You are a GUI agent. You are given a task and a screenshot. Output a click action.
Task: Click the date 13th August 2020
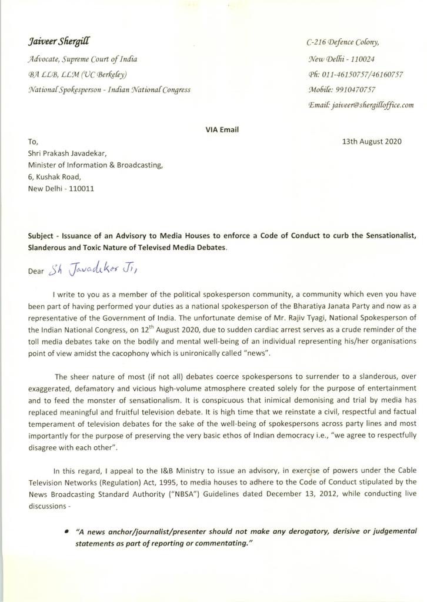[x=372, y=142]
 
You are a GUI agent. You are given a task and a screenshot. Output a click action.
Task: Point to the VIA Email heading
[x=222, y=130]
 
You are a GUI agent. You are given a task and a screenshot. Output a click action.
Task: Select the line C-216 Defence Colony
[x=343, y=42]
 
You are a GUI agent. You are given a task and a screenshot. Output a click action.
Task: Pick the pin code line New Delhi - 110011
[x=61, y=189]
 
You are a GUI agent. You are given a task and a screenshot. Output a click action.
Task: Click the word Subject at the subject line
[x=42, y=236]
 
